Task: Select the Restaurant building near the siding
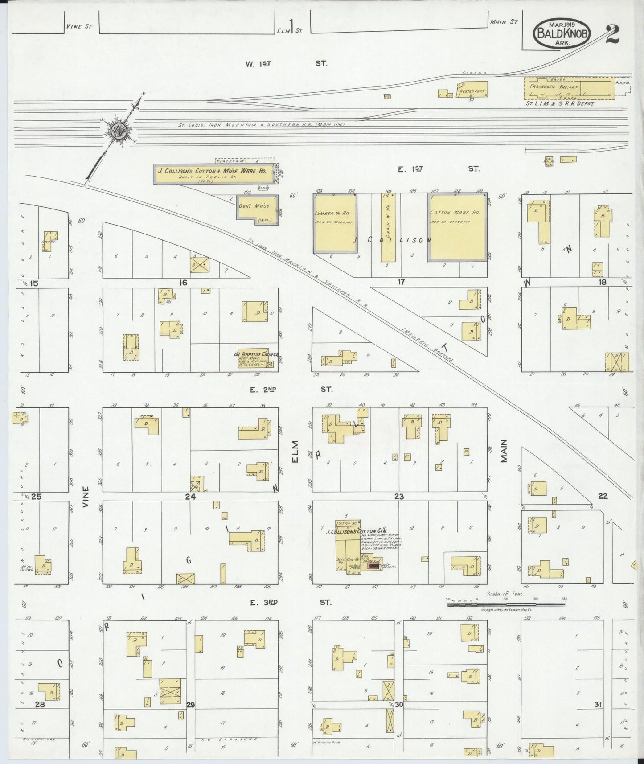472,89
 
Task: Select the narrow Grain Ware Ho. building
388,227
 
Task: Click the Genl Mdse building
257,209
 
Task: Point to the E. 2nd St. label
290,389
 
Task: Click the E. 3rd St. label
290,602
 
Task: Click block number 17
401,281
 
